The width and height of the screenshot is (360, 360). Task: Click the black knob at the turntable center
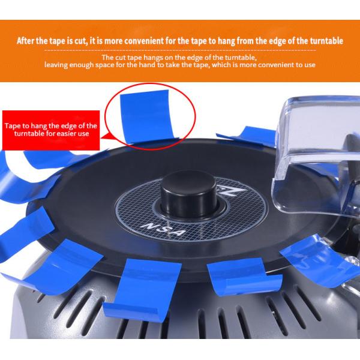189,194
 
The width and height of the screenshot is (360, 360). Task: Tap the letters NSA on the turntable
163,230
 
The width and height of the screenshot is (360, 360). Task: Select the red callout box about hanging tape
51,130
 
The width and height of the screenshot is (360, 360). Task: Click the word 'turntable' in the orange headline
327,41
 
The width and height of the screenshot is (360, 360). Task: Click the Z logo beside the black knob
232,190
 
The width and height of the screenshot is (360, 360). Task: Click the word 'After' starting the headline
25,41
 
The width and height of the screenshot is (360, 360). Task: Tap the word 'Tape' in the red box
13,126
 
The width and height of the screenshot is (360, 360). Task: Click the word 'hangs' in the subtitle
153,58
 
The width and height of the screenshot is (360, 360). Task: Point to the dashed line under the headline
180,50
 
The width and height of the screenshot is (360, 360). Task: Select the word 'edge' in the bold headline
277,41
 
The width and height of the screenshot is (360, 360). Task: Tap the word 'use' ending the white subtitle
310,65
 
